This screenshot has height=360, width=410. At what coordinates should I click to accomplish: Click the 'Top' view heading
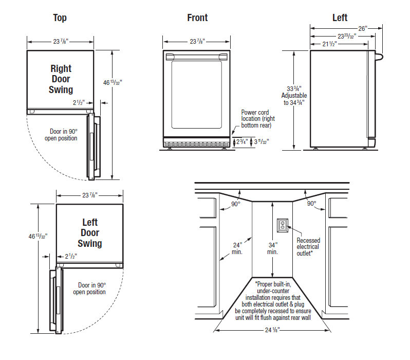click(x=60, y=18)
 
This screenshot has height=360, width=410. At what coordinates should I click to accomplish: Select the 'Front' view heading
click(x=197, y=18)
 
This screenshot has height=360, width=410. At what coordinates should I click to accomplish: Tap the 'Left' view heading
click(x=340, y=18)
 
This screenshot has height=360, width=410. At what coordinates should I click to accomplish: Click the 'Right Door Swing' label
click(x=61, y=79)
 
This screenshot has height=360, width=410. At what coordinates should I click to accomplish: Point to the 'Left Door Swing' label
click(x=90, y=233)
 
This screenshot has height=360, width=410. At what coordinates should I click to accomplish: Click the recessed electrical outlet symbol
click(x=283, y=225)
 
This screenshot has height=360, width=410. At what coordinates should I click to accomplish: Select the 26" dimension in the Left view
click(x=363, y=29)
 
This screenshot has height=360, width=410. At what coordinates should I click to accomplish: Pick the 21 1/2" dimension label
click(x=333, y=44)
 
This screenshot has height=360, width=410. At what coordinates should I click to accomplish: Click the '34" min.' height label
click(x=272, y=248)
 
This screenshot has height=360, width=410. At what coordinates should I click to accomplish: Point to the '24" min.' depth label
click(x=237, y=248)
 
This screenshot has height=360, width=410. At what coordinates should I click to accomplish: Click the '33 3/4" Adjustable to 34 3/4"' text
click(x=293, y=95)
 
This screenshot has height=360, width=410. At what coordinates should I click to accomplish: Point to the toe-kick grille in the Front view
click(x=196, y=142)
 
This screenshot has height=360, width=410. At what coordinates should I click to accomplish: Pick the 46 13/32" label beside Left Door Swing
click(x=38, y=236)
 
